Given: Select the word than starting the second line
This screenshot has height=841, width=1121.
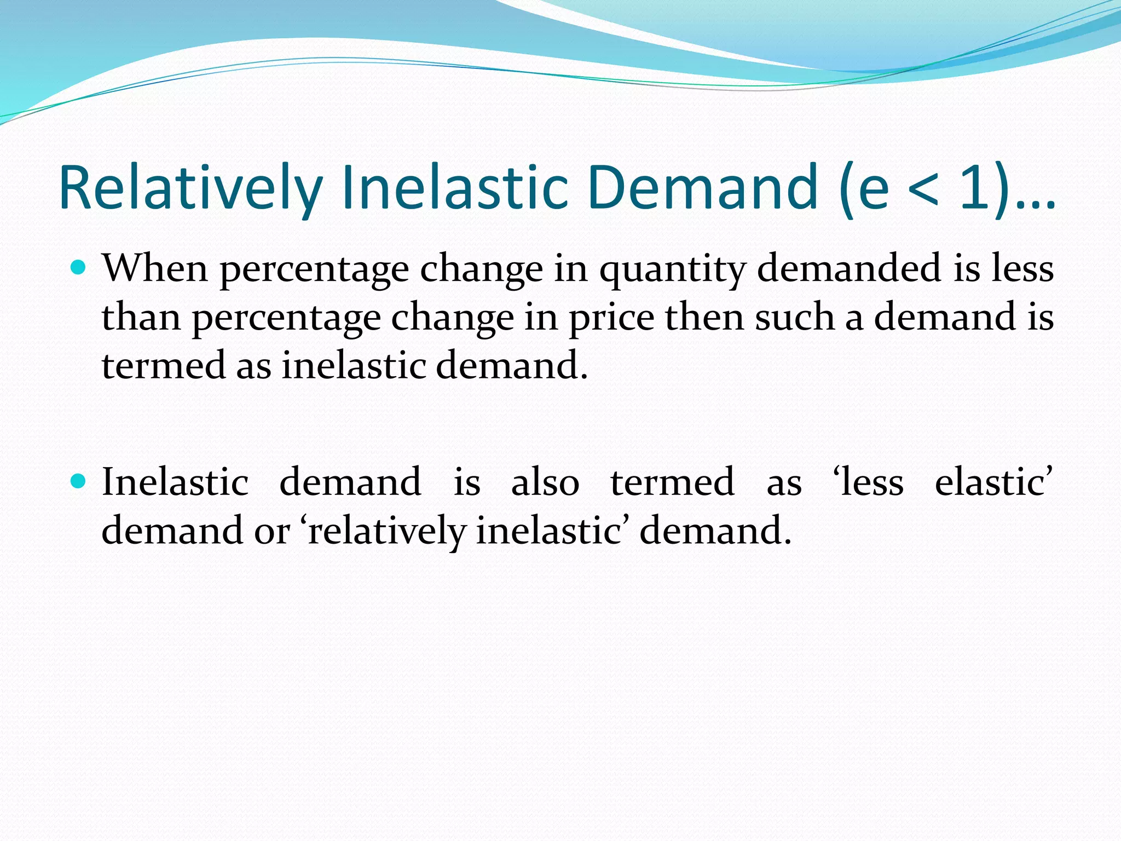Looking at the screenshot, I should click(x=141, y=317).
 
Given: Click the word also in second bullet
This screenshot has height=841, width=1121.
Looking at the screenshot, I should click(x=545, y=482).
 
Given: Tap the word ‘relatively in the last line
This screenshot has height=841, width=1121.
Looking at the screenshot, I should click(x=383, y=532).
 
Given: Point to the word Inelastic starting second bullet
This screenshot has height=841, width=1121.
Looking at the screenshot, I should click(x=175, y=482).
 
